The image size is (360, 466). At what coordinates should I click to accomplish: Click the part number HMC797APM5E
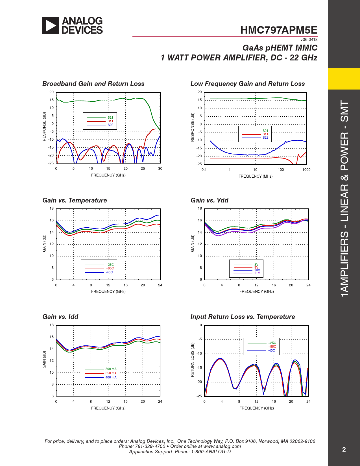point(279,30)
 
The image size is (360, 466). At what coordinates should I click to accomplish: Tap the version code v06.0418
point(309,40)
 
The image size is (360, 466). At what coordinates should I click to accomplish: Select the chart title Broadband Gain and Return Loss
point(93,84)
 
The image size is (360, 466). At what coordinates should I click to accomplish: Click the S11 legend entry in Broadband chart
point(110,121)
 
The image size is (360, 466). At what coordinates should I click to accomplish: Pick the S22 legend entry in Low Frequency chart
point(265,138)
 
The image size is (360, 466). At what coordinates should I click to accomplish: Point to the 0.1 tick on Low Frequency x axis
point(204,170)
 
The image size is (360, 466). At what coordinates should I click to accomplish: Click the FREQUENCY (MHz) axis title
point(256,177)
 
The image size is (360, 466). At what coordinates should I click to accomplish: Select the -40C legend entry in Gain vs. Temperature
point(109,273)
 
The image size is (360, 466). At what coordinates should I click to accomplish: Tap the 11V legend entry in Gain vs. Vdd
point(257,273)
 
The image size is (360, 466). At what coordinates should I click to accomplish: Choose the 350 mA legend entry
point(111,373)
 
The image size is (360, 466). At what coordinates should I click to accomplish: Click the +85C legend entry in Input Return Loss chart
point(272,347)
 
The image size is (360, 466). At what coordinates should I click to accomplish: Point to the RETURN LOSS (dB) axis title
point(193,360)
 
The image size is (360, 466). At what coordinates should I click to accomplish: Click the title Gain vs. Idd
point(60,317)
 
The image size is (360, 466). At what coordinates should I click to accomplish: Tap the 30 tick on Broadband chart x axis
point(160,169)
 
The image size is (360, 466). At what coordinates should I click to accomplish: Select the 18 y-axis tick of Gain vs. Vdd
point(200,208)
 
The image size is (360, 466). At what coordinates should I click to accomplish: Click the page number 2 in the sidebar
point(344,450)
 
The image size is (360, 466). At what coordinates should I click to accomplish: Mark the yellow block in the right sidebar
point(344,79)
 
